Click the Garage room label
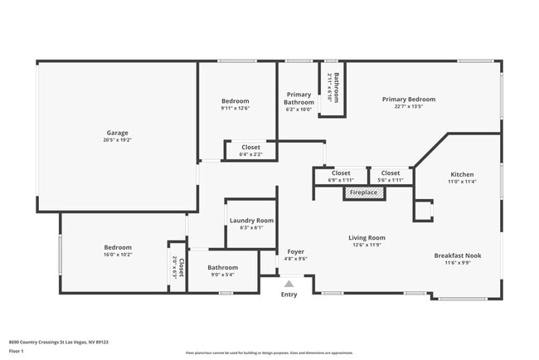point(117,133)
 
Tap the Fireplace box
point(363,192)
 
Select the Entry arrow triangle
point(289,284)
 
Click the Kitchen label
point(461,174)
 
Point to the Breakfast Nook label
point(457,255)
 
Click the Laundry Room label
point(251,220)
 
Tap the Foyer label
point(296,251)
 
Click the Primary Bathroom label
point(299,99)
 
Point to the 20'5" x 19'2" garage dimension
point(117,140)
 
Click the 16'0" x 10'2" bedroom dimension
point(117,255)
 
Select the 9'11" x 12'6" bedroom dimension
point(235,108)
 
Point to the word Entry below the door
point(289,294)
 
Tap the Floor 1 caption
point(17,351)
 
